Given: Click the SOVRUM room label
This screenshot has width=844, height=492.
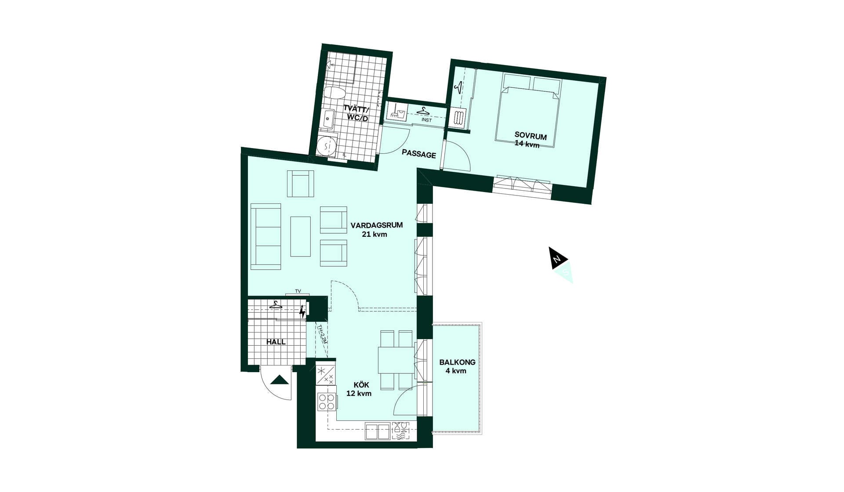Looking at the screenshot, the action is (531, 136).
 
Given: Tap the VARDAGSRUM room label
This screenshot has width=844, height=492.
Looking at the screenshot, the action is (376, 225).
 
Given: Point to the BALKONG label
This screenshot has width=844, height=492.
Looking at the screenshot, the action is (457, 362).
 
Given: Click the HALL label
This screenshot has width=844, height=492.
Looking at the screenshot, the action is (276, 342).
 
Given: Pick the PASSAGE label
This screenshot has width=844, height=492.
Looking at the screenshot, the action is (419, 154).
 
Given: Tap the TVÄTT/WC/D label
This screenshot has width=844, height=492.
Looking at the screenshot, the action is (357, 113).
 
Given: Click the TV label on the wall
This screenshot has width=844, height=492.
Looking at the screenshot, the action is (298, 291).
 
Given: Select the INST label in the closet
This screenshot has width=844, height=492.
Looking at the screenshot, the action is (426, 120).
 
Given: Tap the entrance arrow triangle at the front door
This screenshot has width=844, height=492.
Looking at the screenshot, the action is (279, 380).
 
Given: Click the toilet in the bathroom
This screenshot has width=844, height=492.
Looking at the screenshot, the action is (335, 93).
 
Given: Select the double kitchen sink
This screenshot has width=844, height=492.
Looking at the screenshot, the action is (377, 431).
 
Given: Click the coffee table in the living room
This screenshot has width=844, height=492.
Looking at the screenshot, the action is (300, 236).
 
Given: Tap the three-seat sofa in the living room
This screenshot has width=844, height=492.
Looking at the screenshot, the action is (266, 236).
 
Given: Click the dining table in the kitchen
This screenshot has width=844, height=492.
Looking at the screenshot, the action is (397, 360).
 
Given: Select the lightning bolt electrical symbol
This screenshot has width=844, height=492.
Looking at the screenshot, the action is (302, 311).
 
